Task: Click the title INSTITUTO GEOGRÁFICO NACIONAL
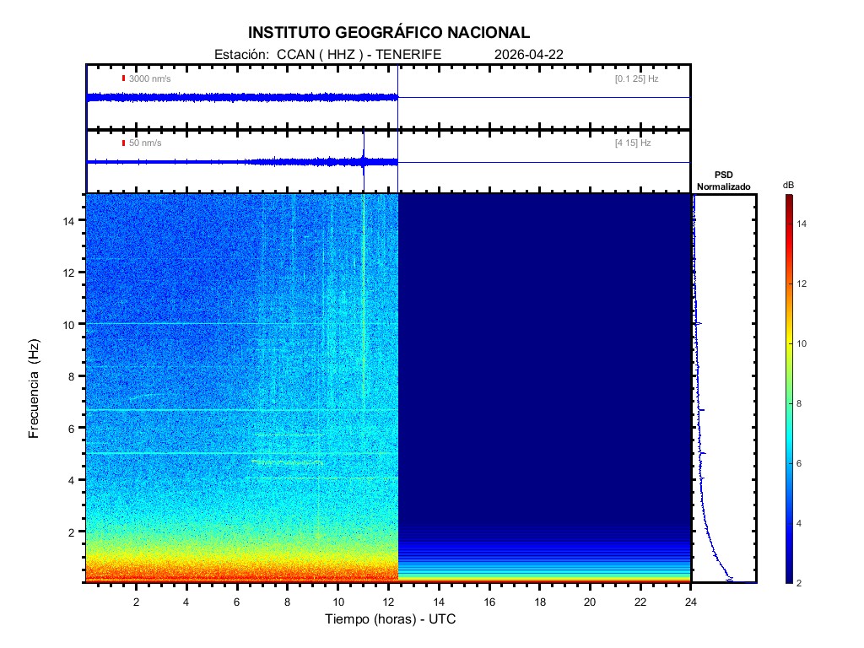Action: [389, 33]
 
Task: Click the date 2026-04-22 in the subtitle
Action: [529, 54]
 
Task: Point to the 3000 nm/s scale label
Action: [150, 78]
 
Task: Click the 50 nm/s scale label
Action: [145, 143]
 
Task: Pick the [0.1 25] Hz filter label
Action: [636, 78]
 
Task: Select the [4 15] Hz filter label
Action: [633, 143]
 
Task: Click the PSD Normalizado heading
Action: [724, 181]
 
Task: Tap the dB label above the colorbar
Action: [788, 184]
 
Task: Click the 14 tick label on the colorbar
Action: [803, 224]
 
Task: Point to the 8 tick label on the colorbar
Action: [801, 403]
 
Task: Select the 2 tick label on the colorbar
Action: [801, 583]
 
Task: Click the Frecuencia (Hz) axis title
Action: [35, 389]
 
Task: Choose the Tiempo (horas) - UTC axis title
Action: [391, 619]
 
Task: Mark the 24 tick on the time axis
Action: [691, 602]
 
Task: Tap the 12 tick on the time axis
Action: [388, 602]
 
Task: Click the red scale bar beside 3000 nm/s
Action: [123, 78]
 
